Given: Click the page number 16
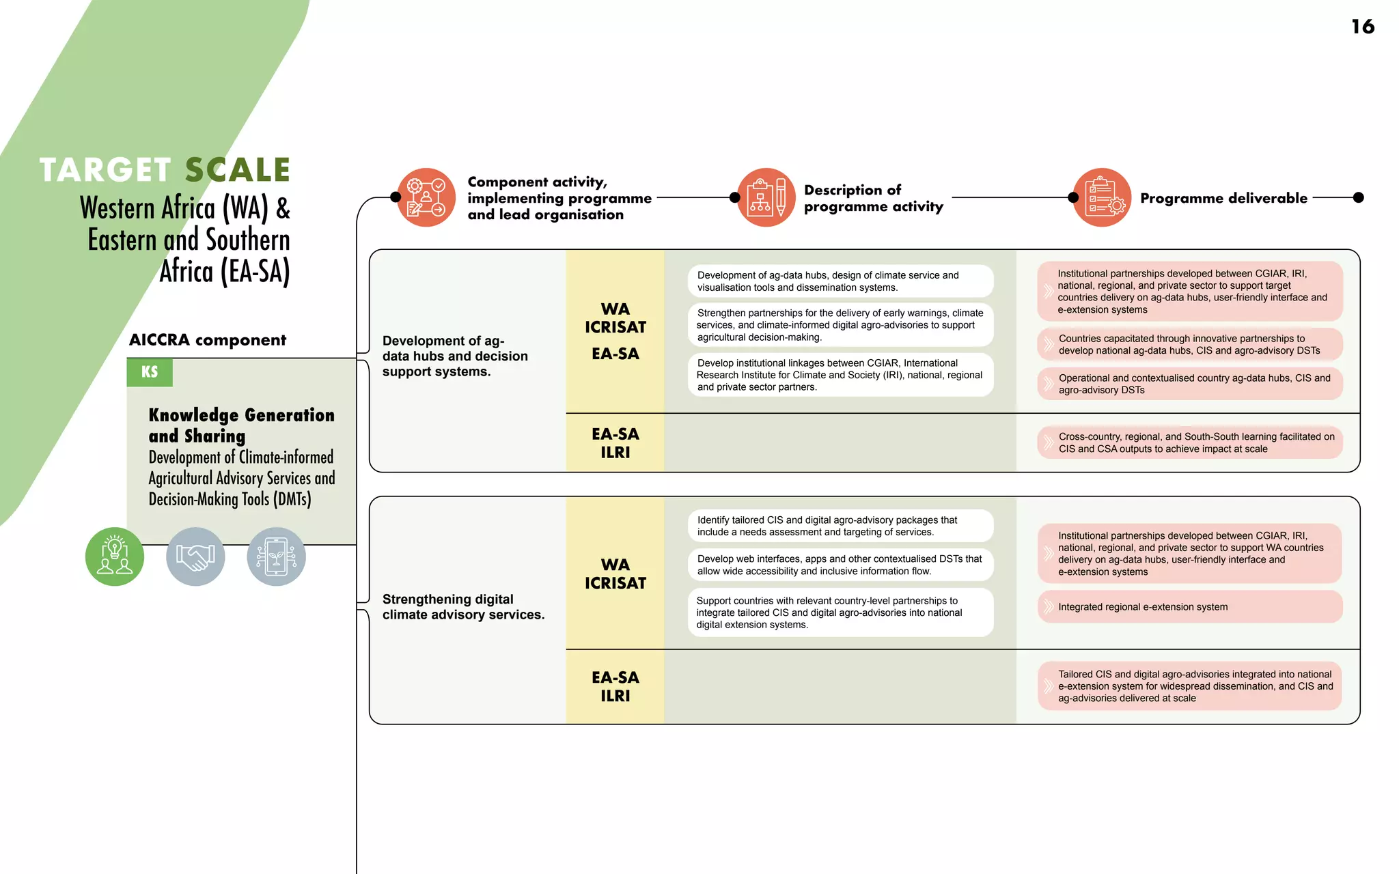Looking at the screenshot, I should click(1362, 27).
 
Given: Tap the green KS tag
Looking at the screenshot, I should click(150, 372).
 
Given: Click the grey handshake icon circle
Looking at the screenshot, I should click(195, 556).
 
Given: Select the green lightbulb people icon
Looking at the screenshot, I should click(115, 556).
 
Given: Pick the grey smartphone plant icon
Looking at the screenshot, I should click(276, 556).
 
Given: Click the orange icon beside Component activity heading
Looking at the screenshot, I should click(426, 197).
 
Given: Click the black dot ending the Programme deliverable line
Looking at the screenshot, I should click(1359, 197).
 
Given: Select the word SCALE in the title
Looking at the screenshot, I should click(238, 170).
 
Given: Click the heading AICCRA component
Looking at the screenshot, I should click(208, 340).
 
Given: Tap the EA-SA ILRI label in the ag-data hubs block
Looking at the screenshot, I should click(615, 443).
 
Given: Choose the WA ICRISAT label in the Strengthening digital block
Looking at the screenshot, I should click(615, 574).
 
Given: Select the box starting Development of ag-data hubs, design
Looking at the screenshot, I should click(840, 281).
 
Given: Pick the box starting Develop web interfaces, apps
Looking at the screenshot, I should click(840, 565).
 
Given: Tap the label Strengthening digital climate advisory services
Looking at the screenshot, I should click(463, 607).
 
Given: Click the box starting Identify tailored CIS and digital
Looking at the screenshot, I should click(840, 526).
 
